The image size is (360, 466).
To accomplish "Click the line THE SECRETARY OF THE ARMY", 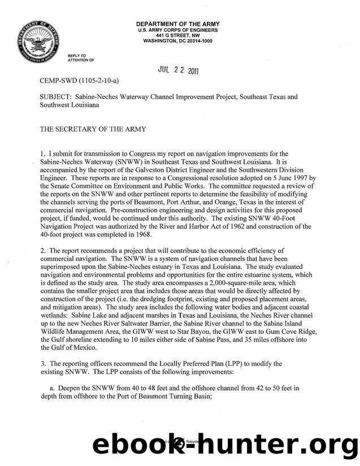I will (93, 129).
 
